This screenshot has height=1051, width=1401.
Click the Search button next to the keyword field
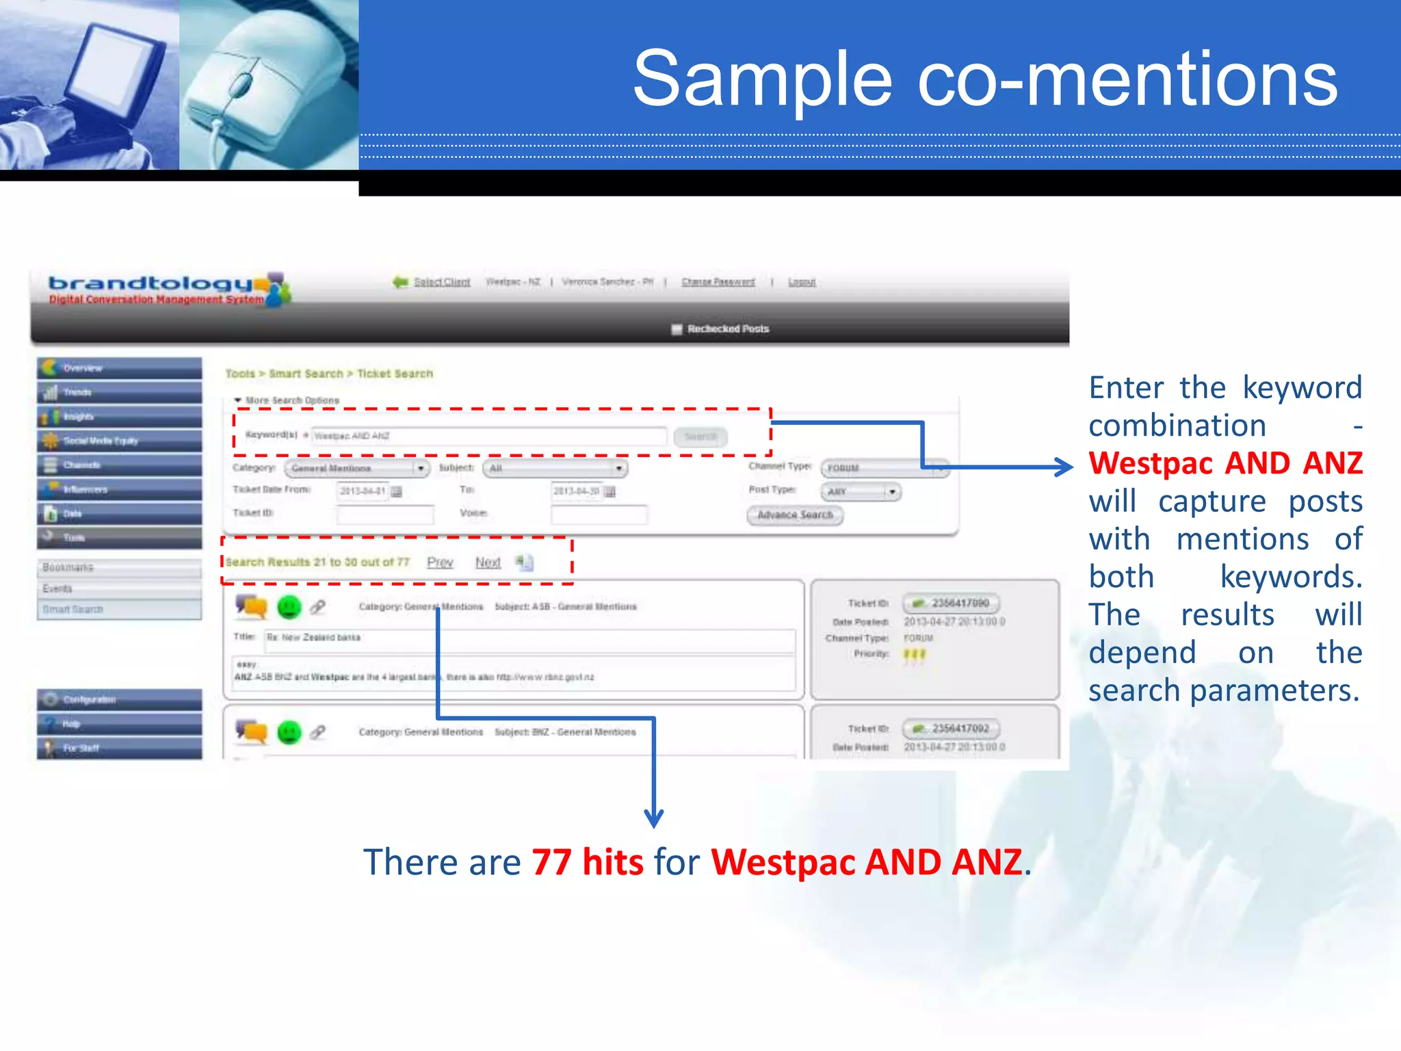click(x=700, y=437)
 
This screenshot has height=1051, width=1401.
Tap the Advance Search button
click(x=795, y=515)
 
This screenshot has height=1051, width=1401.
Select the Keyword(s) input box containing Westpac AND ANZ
click(x=488, y=437)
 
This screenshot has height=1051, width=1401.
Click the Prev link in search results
click(x=440, y=562)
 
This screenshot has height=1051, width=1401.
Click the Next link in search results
click(x=488, y=562)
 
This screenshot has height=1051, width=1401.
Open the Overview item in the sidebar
click(x=120, y=368)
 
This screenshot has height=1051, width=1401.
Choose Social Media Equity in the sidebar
click(x=120, y=441)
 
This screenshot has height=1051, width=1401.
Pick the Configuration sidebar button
click(x=120, y=700)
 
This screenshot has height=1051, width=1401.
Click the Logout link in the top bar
click(x=802, y=282)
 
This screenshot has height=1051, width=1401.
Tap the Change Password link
click(x=718, y=282)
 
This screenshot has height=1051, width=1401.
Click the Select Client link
click(x=441, y=282)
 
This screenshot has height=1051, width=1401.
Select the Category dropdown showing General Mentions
click(x=356, y=469)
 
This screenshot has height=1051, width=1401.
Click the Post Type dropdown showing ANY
click(x=861, y=492)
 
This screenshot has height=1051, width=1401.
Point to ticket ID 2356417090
click(x=960, y=604)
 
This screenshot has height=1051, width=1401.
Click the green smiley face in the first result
click(x=289, y=607)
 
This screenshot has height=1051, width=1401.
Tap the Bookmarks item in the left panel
click(x=120, y=568)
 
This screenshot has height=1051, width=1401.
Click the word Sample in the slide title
click(x=762, y=80)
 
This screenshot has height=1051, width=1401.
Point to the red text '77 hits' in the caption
click(x=587, y=862)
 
